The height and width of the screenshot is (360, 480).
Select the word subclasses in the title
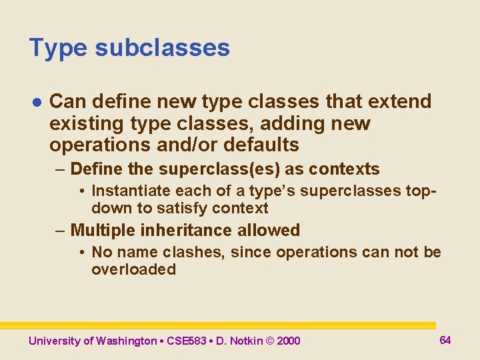point(162,48)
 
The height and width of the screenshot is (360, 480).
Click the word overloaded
point(133,269)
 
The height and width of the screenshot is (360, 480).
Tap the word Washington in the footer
point(126,341)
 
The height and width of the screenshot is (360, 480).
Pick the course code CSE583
point(187,341)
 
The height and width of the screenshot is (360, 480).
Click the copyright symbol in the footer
point(269,341)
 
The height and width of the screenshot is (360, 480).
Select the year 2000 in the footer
point(288,341)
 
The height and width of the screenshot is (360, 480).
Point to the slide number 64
point(445,340)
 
